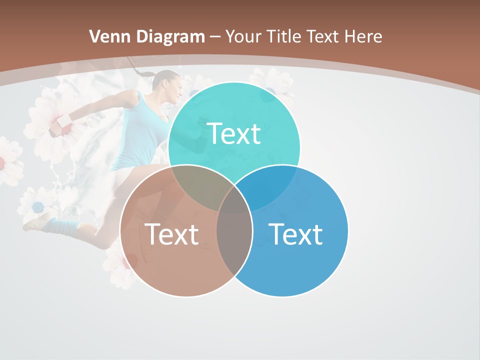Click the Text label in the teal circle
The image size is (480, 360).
tap(234, 133)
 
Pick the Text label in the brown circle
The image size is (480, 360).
tap(171, 234)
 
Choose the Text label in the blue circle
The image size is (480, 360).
tap(295, 234)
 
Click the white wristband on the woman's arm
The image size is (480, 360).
tap(64, 121)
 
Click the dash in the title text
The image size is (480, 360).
tap(215, 37)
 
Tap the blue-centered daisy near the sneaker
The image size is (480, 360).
tap(37, 206)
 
